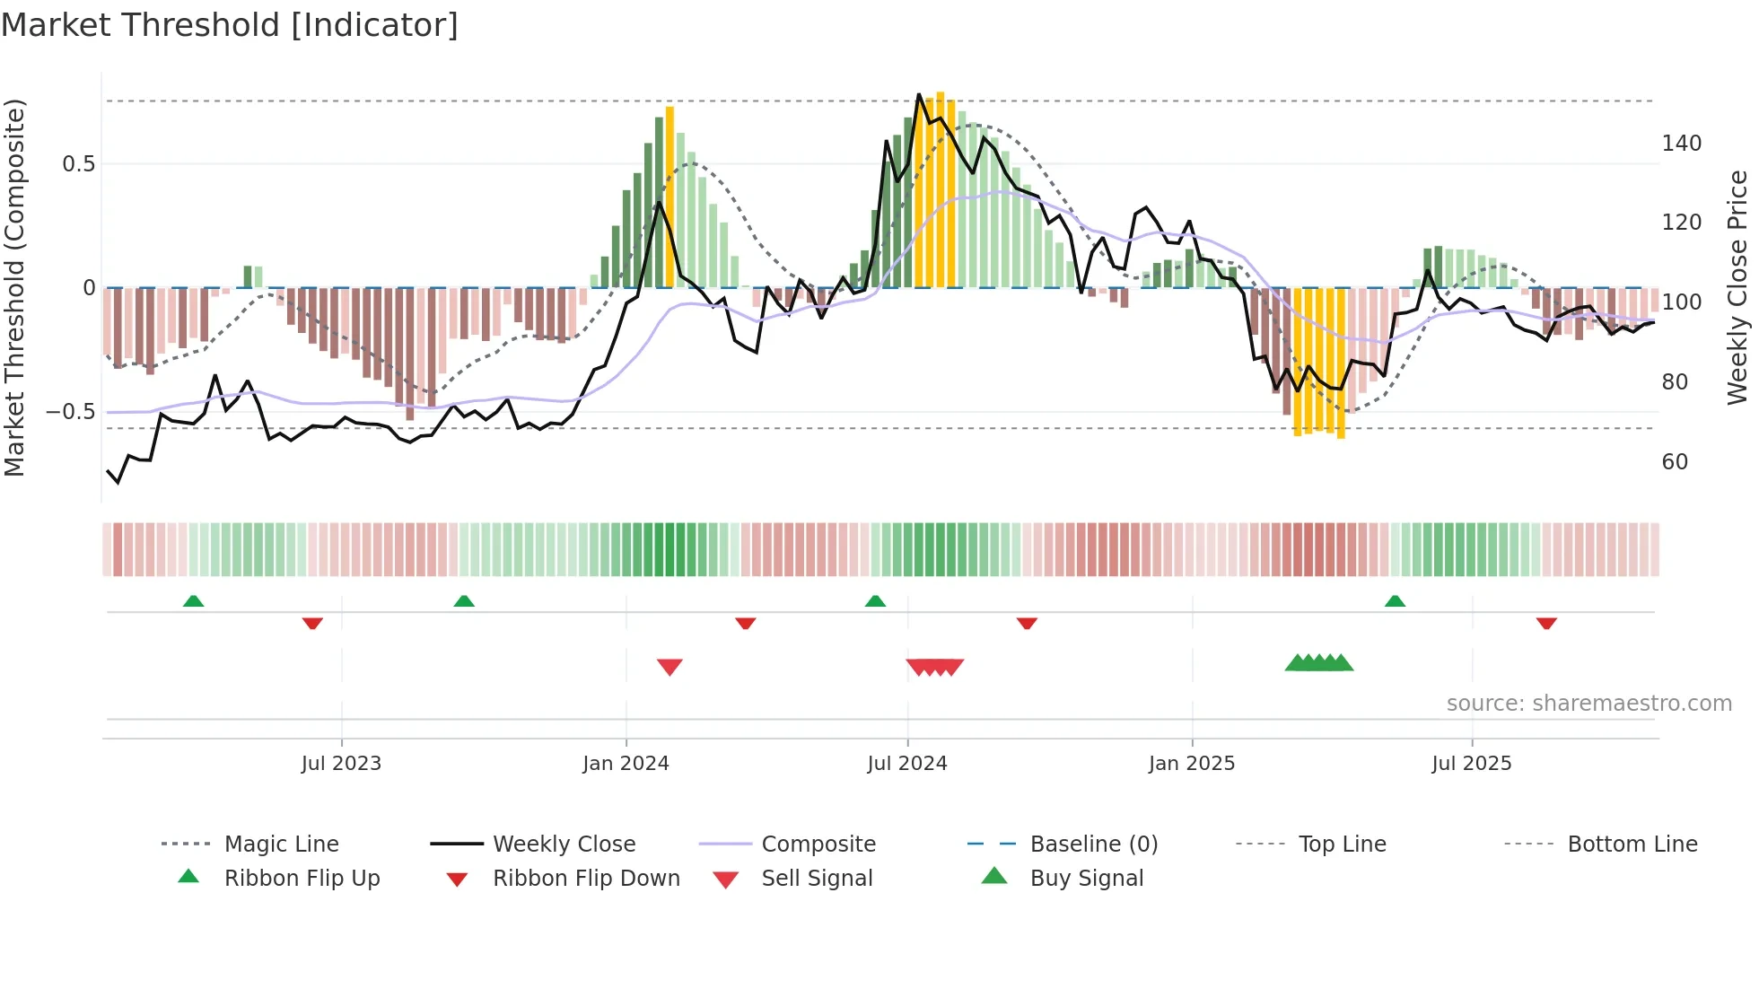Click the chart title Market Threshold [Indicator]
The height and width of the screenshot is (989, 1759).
[x=230, y=25]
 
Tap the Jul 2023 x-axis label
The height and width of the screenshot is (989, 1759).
[x=341, y=763]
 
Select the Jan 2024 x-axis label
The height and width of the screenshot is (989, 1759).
[x=626, y=763]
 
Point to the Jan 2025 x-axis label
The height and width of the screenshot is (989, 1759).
[x=1192, y=763]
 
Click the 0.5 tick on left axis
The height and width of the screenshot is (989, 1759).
[x=79, y=164]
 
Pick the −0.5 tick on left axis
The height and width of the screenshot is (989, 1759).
[x=71, y=412]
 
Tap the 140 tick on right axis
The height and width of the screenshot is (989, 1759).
[x=1681, y=144]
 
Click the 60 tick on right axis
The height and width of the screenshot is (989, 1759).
[x=1675, y=461]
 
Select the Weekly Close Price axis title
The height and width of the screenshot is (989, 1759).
[x=1737, y=287]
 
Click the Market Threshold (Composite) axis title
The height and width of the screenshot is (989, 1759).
[x=14, y=287]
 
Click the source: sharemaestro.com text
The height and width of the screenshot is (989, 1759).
[x=1588, y=703]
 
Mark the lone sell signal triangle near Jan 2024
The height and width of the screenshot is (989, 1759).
[x=669, y=666]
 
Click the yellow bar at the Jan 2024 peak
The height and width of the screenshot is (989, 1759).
[x=669, y=197]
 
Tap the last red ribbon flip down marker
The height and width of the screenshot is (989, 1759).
[x=1545, y=623]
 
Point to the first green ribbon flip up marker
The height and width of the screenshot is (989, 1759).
[x=193, y=601]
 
